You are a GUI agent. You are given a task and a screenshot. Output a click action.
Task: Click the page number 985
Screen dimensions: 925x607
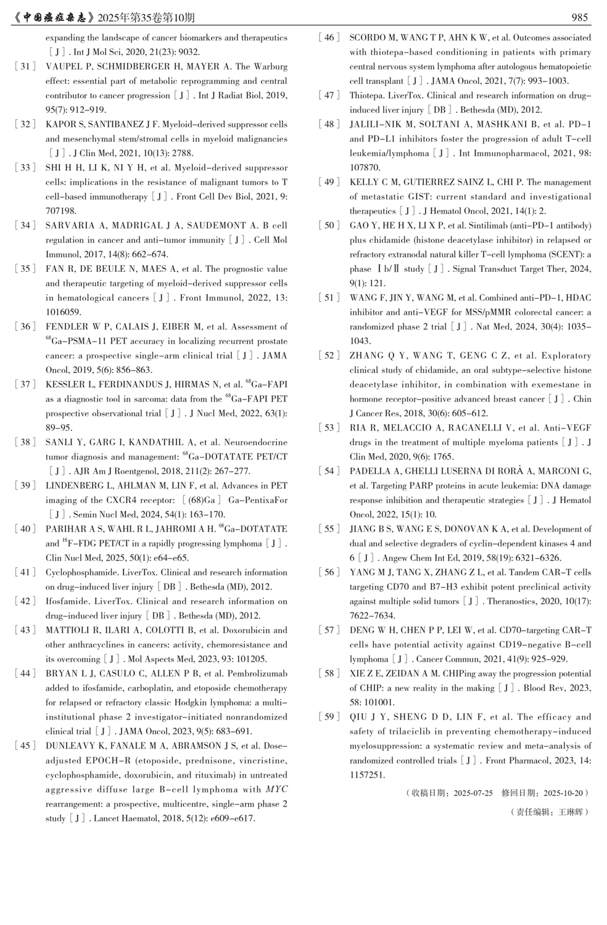point(579,18)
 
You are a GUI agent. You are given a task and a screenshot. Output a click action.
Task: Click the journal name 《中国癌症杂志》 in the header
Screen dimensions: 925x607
point(59,18)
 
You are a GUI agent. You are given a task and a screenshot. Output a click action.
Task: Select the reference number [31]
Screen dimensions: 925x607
point(25,67)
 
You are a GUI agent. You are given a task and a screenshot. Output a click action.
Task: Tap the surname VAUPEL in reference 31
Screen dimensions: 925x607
point(64,67)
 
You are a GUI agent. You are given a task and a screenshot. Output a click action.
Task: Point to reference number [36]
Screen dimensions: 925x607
point(25,327)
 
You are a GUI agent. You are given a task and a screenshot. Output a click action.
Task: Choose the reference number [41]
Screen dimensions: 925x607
point(25,572)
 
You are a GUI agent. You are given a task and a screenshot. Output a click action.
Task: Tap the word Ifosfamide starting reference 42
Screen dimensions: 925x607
point(68,601)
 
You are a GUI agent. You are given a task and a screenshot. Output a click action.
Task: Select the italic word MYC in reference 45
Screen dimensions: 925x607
point(276,789)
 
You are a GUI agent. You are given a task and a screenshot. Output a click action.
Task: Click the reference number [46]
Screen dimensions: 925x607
point(329,38)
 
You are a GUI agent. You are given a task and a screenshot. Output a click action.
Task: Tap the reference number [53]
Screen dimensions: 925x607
point(329,428)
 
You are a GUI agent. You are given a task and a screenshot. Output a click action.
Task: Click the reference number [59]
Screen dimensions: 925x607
point(329,717)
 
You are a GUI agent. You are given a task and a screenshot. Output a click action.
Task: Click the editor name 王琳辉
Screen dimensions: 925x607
point(570,812)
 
